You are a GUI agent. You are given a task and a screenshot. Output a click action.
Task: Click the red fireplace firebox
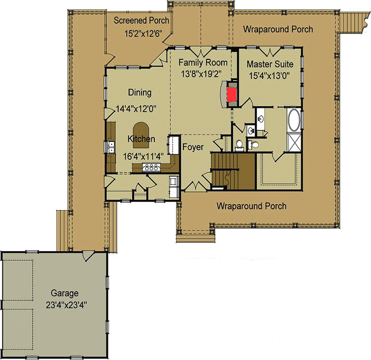pyautogui.click(x=232, y=94)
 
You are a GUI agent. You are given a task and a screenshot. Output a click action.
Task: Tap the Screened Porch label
pyautogui.click(x=141, y=21)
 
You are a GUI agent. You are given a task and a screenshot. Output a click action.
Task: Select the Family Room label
pyautogui.click(x=203, y=63)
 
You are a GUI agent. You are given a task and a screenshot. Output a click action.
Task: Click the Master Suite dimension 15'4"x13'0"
pyautogui.click(x=269, y=76)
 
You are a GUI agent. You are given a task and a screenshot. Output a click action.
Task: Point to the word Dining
pyautogui.click(x=139, y=92)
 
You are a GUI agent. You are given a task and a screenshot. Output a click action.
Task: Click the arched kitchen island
pyautogui.click(x=141, y=135)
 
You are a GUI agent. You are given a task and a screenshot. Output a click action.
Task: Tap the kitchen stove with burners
pyautogui.click(x=151, y=168)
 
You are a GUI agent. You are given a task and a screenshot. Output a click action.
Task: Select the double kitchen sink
pyautogui.click(x=110, y=147)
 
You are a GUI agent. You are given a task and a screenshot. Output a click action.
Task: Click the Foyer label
pyautogui.click(x=193, y=147)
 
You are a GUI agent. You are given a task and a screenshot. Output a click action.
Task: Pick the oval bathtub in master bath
pyautogui.click(x=294, y=120)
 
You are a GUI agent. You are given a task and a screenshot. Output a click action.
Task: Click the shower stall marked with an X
pyautogui.click(x=294, y=142)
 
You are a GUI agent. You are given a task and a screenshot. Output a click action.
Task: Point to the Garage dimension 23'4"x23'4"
pyautogui.click(x=66, y=305)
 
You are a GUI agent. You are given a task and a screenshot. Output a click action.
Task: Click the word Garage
pyautogui.click(x=64, y=293)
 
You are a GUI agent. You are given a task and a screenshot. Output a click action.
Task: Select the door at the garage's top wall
pyautogui.click(x=87, y=256)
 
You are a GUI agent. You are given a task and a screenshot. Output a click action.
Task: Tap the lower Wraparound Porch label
pyautogui.click(x=251, y=206)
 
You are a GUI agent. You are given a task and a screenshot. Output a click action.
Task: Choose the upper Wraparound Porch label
pyautogui.click(x=278, y=29)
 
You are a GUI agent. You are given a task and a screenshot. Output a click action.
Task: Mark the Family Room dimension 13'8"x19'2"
pyautogui.click(x=201, y=74)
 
